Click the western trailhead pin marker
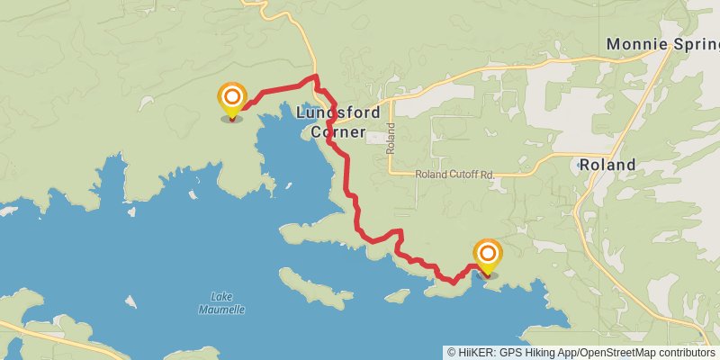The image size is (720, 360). [232, 99]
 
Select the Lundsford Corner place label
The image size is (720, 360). [338, 122]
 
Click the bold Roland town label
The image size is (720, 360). [607, 165]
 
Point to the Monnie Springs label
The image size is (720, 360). [662, 43]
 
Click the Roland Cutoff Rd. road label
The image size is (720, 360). [454, 174]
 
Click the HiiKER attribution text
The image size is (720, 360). [477, 353]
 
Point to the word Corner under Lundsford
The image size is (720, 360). [338, 132]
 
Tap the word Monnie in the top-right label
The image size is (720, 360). [634, 43]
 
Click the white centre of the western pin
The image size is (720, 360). [232, 94]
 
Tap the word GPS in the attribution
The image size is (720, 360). [508, 353]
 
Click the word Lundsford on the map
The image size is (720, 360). [338, 112]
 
